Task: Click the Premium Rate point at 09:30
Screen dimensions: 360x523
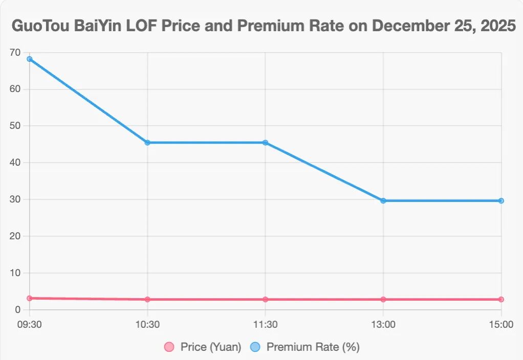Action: [30, 59]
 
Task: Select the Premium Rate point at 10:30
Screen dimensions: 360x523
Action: [147, 143]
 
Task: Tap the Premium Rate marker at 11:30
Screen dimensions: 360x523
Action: [265, 143]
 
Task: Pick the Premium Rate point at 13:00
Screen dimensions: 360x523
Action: [383, 200]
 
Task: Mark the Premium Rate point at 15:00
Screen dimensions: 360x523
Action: [501, 200]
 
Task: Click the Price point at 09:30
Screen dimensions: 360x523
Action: [30, 298]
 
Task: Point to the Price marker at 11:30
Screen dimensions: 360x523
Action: [265, 299]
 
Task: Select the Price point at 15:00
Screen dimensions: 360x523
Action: [501, 299]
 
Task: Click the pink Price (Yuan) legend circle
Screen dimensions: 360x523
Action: [169, 347]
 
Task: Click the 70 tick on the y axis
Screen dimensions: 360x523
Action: [15, 52]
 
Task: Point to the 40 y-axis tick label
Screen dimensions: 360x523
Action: [15, 163]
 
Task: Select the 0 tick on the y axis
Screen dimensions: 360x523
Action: [17, 309]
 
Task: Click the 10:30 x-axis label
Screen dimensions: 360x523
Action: [147, 324]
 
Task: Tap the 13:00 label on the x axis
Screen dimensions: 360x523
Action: [383, 324]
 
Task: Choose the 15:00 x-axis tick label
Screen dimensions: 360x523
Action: [501, 324]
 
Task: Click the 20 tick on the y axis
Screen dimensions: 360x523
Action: [15, 236]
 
